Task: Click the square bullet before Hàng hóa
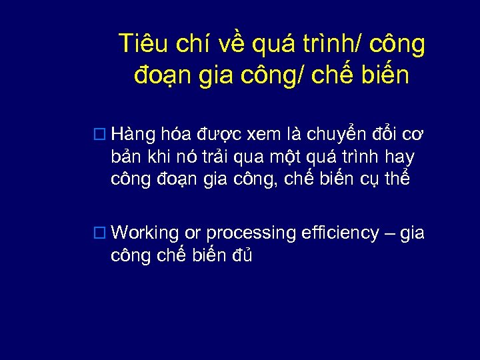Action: (100, 135)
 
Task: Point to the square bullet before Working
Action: (100, 233)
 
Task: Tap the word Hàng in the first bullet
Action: (134, 135)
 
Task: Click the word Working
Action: (145, 234)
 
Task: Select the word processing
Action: (251, 234)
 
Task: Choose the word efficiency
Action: (340, 233)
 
